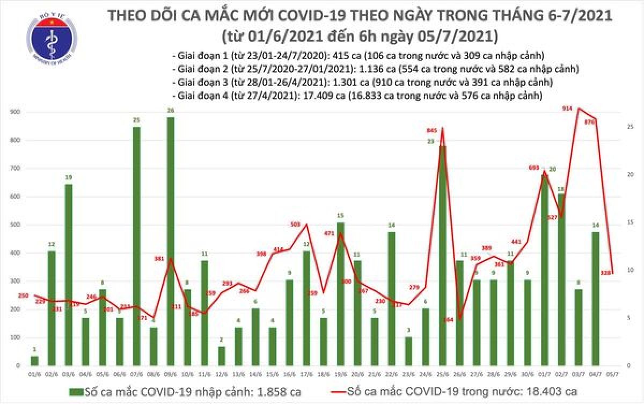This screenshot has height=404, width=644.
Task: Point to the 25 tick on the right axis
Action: pyautogui.click(x=632, y=127)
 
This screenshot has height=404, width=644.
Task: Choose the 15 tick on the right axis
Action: pyautogui.click(x=632, y=222)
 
